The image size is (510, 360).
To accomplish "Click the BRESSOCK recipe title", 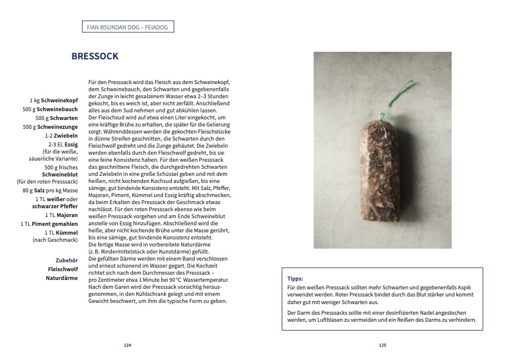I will point(95,56).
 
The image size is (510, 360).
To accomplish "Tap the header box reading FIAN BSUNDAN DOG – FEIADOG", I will point(128,26).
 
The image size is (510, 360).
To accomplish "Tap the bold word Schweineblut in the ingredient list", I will point(61,174).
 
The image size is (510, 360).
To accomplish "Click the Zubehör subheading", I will point(66,259).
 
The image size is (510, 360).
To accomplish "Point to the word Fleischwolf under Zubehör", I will point(63,268).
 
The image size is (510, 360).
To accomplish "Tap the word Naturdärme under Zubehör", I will point(62,277).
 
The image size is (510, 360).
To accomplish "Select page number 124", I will point(127,345).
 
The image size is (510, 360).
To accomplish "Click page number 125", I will point(382,345).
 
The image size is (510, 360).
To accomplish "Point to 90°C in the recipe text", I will point(169,281).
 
